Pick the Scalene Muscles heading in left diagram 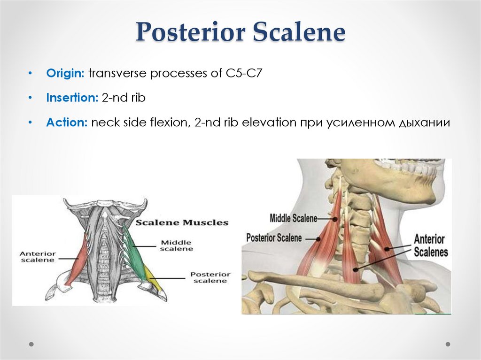pos(182,222)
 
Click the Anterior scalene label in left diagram pos(37,257)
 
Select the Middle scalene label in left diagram pos(177,245)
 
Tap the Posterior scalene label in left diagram pos(210,277)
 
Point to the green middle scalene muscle pos(136,253)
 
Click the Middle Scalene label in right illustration pos(294,218)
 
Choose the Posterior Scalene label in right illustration pos(274,238)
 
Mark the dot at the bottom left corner pos(31,344)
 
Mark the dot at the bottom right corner pos(448,344)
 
